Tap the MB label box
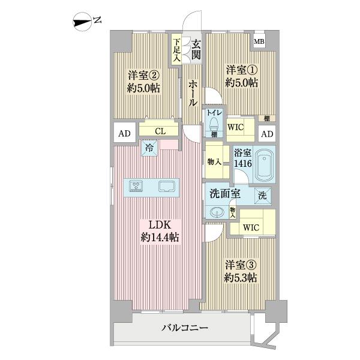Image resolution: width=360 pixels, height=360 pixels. tap(259, 42)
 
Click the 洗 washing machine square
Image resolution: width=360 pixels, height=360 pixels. tap(263, 196)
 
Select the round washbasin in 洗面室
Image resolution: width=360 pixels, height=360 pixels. tap(216, 211)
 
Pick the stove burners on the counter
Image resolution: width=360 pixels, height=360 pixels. tap(136, 187)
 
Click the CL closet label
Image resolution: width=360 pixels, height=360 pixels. tap(160, 130)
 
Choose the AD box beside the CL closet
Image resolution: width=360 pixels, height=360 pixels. tap(124, 133)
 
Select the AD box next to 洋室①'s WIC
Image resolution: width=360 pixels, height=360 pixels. tap(267, 133)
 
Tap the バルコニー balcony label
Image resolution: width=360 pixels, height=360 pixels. tap(185, 328)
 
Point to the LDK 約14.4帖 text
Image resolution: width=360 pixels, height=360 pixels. tap(160, 231)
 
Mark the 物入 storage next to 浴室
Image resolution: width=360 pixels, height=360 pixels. tap(214, 161)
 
